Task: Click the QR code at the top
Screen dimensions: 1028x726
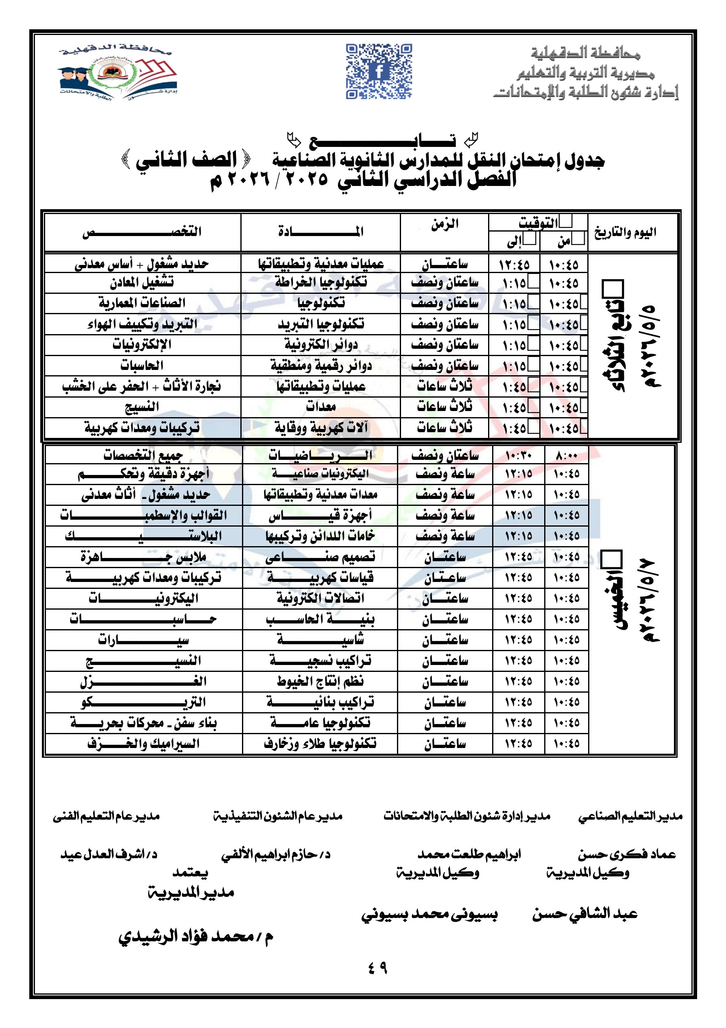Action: coord(379,71)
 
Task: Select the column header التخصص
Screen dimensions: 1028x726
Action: coord(142,232)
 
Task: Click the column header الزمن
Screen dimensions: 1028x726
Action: coord(445,224)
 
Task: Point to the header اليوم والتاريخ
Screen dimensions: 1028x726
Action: coord(625,232)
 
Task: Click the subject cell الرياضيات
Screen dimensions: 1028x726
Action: coord(320,455)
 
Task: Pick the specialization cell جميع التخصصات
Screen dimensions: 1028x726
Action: coord(143,455)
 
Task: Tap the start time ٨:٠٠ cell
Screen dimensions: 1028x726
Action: coord(566,456)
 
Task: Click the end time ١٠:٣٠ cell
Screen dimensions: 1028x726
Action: coord(518,456)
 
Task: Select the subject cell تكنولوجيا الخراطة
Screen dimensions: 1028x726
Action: coord(320,282)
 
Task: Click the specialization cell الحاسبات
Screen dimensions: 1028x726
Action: coord(142,365)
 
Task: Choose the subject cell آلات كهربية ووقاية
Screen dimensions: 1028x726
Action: coord(320,428)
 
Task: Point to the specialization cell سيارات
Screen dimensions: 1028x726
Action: coord(143,640)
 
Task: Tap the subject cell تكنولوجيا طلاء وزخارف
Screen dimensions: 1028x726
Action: coord(320,744)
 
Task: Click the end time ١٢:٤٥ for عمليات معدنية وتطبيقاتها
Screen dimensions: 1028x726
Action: coord(514,265)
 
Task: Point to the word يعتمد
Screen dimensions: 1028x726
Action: coord(190,872)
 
